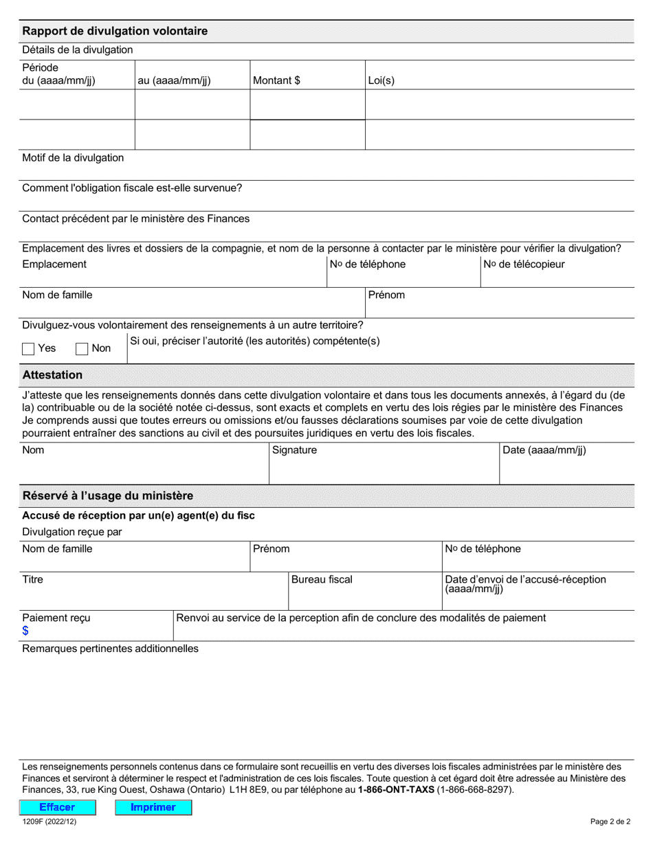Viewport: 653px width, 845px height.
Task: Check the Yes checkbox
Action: (28, 349)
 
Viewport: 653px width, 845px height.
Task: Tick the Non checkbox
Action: (82, 349)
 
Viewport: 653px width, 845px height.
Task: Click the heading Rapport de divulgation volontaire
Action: (115, 31)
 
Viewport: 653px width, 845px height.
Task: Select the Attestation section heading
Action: (52, 375)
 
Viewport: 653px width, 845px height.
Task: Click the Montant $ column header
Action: (276, 80)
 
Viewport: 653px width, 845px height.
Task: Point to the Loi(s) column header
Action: (381, 80)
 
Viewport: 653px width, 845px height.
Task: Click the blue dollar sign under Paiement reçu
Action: (25, 631)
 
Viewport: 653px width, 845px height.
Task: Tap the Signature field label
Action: (295, 450)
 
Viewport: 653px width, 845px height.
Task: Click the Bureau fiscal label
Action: (322, 579)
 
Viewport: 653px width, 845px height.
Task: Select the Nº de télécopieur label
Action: (524, 264)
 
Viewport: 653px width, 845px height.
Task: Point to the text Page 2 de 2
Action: (610, 821)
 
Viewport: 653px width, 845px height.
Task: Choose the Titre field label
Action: (32, 579)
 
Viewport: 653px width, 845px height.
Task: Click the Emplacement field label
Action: (54, 264)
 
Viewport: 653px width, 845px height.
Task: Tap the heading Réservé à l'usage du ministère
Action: (108, 495)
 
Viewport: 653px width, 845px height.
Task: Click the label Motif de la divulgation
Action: (73, 157)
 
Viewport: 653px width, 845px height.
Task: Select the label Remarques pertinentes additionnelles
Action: (110, 649)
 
